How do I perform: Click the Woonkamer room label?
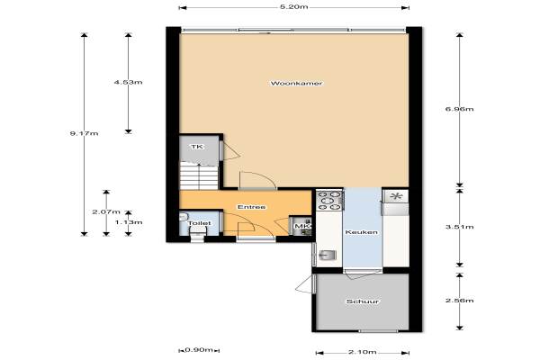point(296,84)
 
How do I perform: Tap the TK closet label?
point(197,147)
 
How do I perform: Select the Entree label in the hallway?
point(251,207)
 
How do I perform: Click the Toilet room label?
point(199,223)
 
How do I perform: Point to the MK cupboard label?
point(302,226)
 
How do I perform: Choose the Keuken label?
point(361,232)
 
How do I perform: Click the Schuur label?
point(363,301)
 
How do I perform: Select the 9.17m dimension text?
point(84,133)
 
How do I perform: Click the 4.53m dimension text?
point(128,82)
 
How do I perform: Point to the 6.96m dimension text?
point(459,109)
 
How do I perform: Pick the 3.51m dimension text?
point(459,227)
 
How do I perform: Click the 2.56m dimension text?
point(459,301)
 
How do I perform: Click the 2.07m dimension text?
point(106,211)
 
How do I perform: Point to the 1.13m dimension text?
point(129,222)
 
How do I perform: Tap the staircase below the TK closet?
point(199,176)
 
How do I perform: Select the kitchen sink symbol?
point(327,256)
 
